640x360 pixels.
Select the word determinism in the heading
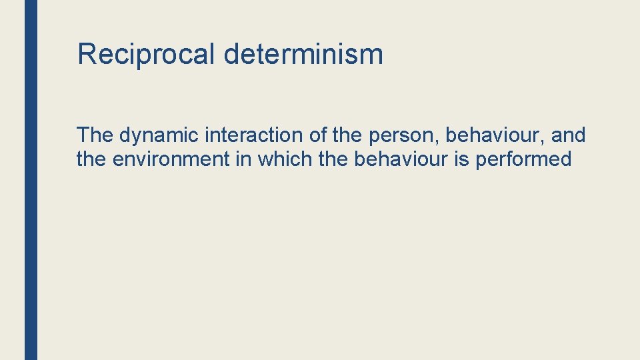tap(303, 53)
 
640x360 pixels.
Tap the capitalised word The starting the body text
tap(95, 135)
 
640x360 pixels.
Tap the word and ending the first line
tap(569, 135)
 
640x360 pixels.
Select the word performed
tap(523, 160)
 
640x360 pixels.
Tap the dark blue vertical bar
tap(31, 180)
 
